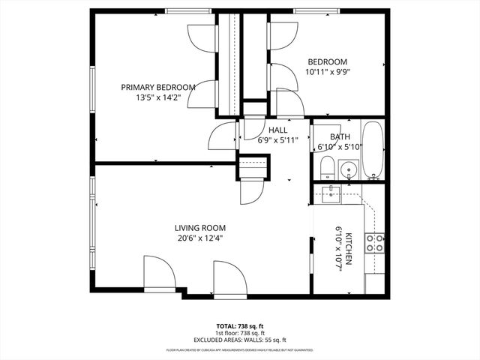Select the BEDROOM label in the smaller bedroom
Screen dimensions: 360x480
click(x=327, y=61)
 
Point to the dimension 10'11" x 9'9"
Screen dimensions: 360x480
click(x=327, y=72)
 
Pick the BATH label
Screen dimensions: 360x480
click(x=339, y=136)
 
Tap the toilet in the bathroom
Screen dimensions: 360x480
click(x=327, y=169)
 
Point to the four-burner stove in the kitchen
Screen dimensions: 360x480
click(x=374, y=242)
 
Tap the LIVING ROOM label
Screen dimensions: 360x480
click(x=200, y=228)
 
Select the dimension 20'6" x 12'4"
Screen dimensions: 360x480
click(x=200, y=238)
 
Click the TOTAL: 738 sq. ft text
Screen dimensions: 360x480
click(x=240, y=326)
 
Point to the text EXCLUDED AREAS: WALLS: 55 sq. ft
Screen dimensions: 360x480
click(x=240, y=340)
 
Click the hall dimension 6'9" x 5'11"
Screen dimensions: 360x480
click(x=257, y=139)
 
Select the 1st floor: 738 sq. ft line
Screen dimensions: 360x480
click(x=240, y=333)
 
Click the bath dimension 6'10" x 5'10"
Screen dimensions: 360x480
click(x=339, y=147)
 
